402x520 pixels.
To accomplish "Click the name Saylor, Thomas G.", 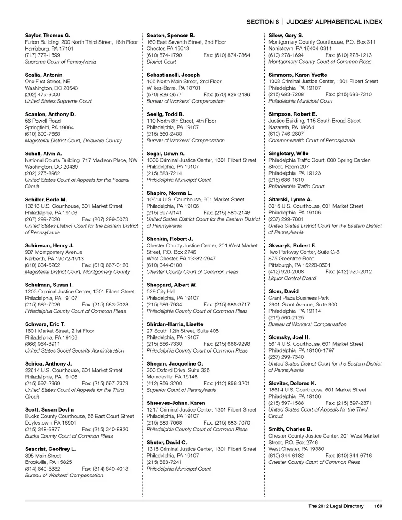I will tap(47, 36).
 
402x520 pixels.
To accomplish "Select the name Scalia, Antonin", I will tap(44, 75).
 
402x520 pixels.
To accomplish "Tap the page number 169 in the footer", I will tap(379, 506).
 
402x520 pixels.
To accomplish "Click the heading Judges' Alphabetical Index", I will tap(334, 22).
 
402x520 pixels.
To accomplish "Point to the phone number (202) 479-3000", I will tap(42, 95).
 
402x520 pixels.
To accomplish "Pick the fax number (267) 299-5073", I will tap(105, 219).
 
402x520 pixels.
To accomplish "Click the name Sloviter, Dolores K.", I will tap(292, 384).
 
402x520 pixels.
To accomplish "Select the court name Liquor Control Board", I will tap(292, 278).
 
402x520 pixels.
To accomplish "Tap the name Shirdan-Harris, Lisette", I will tap(175, 324).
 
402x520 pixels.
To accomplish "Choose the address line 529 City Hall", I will tap(161, 291).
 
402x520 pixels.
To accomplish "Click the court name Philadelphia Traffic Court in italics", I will tap(296, 187).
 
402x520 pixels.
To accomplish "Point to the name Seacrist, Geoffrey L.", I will tap(50, 449).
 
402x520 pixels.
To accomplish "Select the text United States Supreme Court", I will tap(58, 101).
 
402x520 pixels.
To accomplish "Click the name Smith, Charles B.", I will tap(290, 430).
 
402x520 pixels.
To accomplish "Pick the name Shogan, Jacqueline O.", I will tap(175, 364).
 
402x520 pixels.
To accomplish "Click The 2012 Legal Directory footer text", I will tap(336, 506).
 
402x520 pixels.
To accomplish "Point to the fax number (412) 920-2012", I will tap(348, 272).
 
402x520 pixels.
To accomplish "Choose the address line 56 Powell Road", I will tap(43, 121).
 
